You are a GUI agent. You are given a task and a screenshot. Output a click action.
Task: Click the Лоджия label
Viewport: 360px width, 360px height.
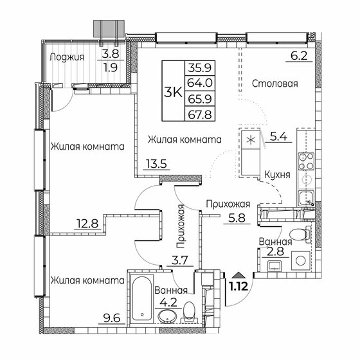[67, 56]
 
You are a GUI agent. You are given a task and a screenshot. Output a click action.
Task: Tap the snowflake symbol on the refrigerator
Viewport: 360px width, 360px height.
[250, 137]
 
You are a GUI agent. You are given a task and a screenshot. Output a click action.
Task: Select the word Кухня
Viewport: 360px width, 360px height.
[278, 174]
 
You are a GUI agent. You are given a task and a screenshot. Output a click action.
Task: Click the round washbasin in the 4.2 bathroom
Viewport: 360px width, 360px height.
[167, 316]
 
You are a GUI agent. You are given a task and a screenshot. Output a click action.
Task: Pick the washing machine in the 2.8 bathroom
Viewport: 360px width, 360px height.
[300, 261]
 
